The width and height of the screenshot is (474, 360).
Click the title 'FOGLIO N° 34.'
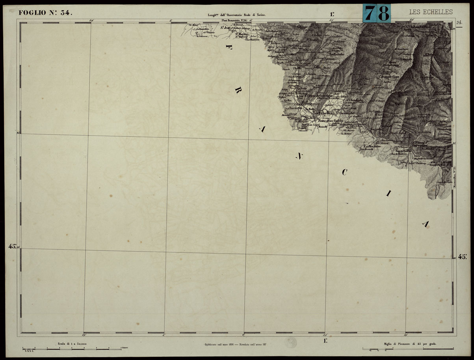pyautogui.click(x=45, y=13)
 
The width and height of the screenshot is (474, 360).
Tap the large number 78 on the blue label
pyautogui.click(x=376, y=13)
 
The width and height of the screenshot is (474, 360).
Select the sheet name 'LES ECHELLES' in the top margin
pyautogui.click(x=431, y=12)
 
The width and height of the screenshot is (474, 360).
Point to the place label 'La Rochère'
pyautogui.click(x=372, y=145)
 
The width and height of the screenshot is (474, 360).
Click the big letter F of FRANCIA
pyautogui.click(x=228, y=47)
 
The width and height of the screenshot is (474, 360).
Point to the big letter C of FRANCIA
pyautogui.click(x=344, y=172)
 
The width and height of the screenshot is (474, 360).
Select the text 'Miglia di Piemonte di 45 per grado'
pyautogui.click(x=410, y=344)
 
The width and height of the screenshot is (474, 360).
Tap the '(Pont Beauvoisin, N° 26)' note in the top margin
pyautogui.click(x=234, y=20)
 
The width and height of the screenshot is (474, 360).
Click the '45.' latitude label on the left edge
pyautogui.click(x=13, y=246)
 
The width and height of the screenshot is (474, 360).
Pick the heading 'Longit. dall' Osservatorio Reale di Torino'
pyautogui.click(x=237, y=15)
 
